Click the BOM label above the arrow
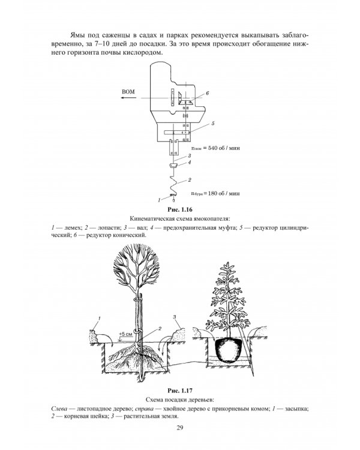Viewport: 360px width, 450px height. point(128,92)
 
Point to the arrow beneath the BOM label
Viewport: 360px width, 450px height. point(128,98)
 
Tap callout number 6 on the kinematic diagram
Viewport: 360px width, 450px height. point(207,93)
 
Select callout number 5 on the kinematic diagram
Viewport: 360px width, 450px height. point(213,124)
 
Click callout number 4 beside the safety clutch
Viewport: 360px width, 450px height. point(190,163)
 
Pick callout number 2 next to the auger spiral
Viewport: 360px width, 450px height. point(190,180)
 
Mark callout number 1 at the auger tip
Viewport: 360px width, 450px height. point(159,200)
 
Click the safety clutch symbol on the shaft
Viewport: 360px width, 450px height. point(173,165)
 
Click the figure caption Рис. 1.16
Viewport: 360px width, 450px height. point(180,209)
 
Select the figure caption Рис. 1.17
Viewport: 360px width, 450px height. point(180,391)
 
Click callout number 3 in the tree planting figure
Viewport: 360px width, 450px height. point(175,317)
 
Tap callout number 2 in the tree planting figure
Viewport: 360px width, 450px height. point(160,329)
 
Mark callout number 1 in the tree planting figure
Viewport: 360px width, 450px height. point(100,318)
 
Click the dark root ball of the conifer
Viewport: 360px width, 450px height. point(229,350)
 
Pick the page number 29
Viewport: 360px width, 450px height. point(180,428)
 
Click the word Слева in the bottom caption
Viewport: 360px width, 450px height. point(59,409)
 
